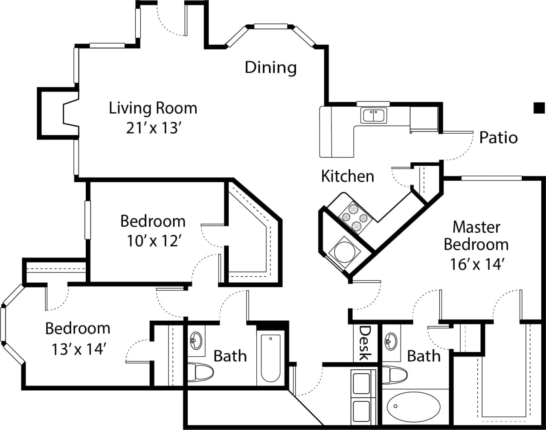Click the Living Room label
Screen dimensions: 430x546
[153, 108]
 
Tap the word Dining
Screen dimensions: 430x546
[270, 67]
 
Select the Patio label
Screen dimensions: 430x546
[498, 137]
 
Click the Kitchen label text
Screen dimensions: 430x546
[347, 176]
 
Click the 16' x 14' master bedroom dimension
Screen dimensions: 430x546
[477, 264]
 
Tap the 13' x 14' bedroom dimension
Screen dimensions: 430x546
[78, 350]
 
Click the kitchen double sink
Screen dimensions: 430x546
[374, 116]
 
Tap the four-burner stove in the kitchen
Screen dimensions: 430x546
[355, 217]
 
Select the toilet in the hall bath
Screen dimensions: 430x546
[200, 371]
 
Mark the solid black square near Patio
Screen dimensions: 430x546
[539, 108]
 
